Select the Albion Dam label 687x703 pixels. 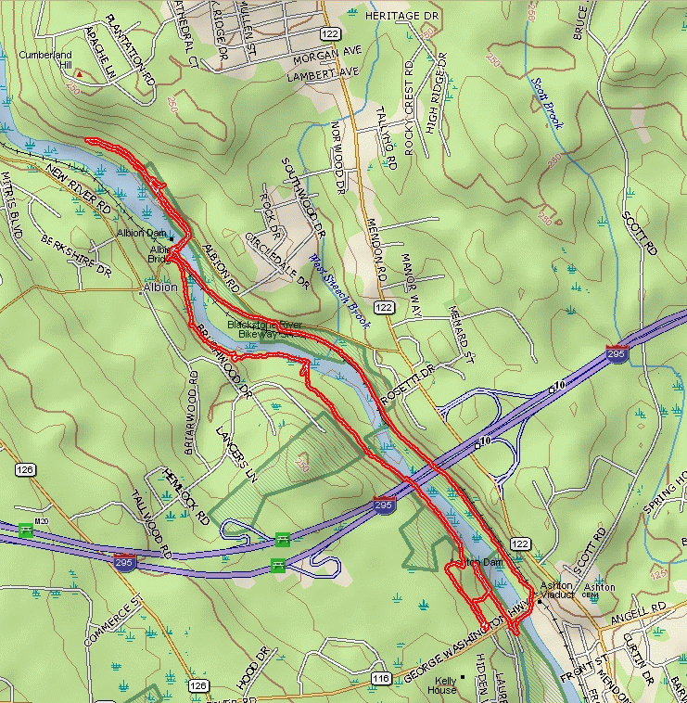(141, 233)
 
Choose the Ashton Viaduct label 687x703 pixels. (559, 593)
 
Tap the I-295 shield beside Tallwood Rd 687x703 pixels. (124, 561)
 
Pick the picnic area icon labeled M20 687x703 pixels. (26, 530)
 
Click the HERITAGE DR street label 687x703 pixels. (400, 16)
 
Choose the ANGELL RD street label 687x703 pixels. (645, 607)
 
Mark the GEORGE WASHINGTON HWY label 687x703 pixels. (454, 656)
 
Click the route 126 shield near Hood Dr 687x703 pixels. (197, 685)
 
